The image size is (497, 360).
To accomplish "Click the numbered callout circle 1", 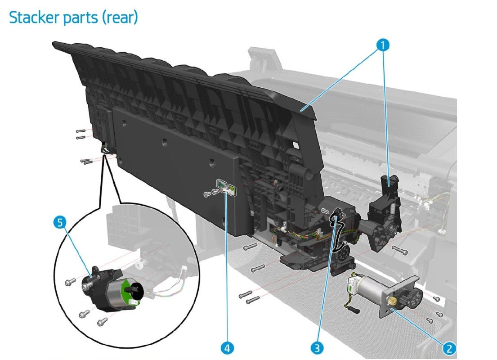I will [x=383, y=45].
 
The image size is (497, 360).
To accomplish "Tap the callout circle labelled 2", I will [x=448, y=347].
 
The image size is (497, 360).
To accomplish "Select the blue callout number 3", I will [x=318, y=347].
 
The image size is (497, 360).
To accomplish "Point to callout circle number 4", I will [x=227, y=347].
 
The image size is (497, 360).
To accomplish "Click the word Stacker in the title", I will [x=36, y=18].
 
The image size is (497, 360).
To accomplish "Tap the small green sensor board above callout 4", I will [x=222, y=185].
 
